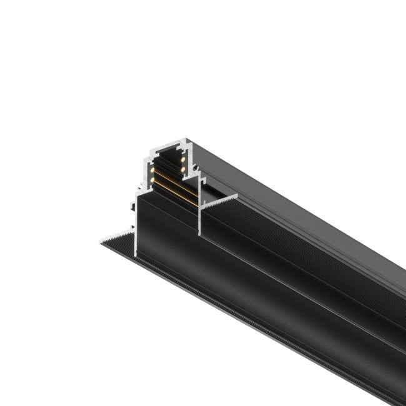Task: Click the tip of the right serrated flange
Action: click(237, 196)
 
